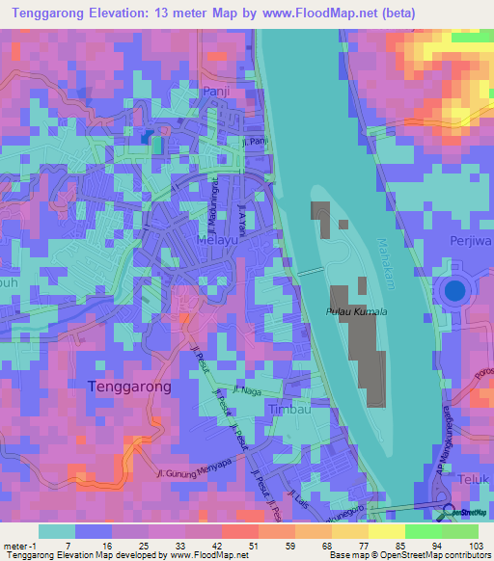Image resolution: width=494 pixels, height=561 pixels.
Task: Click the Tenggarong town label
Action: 129,386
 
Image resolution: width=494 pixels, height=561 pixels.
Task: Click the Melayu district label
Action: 215,238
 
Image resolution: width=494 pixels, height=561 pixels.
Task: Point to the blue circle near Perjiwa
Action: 454,288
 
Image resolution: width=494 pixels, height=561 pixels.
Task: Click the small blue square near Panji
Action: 148,137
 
